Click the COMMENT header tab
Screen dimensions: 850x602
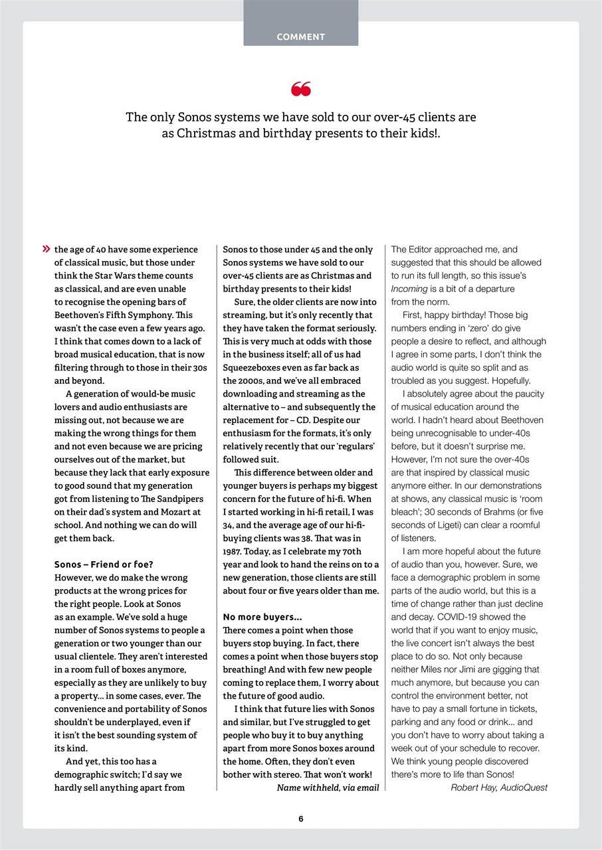tap(300, 37)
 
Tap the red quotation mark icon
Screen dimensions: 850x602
tap(300, 89)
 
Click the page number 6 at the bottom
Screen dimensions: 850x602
tap(300, 819)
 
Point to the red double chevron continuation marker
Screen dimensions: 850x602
tap(46, 250)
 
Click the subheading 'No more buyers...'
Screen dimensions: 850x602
tap(262, 617)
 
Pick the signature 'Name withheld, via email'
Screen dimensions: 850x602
tap(328, 788)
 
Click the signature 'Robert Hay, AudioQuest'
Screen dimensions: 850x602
tap(499, 788)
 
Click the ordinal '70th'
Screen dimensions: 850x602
tap(349, 551)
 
